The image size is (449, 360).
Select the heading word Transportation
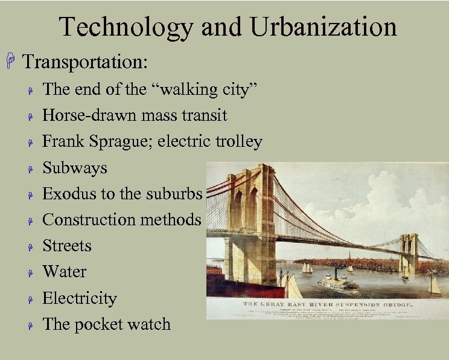84,62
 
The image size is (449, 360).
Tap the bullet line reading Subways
74,167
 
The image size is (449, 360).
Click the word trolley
239,141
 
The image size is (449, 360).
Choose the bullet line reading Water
64,272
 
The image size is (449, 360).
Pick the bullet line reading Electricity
79,298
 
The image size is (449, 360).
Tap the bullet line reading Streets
66,246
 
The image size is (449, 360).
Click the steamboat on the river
338,283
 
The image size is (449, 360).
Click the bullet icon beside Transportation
10,62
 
